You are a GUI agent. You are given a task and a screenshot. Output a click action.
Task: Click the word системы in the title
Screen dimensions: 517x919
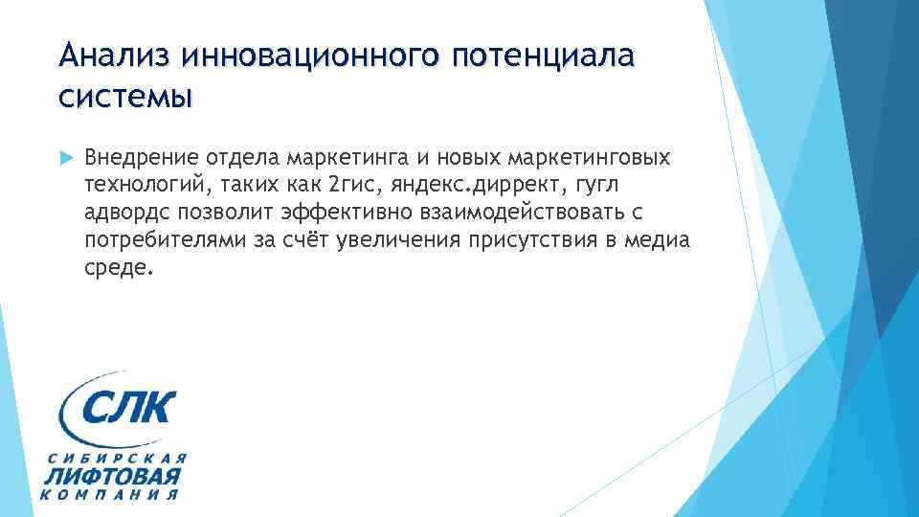[x=123, y=96]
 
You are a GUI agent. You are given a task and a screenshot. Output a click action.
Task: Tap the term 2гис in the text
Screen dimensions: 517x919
[x=353, y=184]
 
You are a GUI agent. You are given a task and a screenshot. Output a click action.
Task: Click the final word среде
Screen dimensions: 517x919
[x=118, y=266]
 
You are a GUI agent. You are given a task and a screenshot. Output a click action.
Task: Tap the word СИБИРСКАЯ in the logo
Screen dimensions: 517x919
[x=113, y=456]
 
